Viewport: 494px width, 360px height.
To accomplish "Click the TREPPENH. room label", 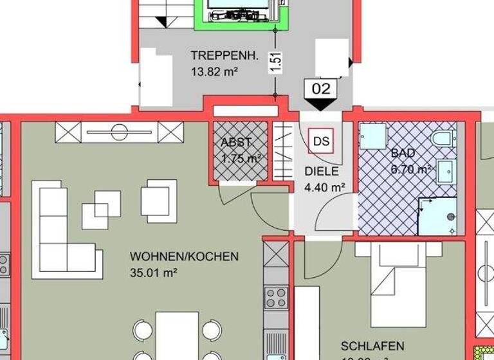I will click(x=224, y=56).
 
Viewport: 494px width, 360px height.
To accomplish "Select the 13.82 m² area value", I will click(x=215, y=72).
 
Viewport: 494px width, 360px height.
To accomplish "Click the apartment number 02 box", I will click(x=320, y=87).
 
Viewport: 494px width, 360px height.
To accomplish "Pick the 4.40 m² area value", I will click(x=324, y=188).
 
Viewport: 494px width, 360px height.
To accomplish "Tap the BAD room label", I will click(x=403, y=153).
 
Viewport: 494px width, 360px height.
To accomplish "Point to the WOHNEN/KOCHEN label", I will click(x=184, y=256).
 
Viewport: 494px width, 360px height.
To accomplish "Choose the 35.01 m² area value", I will click(x=153, y=272).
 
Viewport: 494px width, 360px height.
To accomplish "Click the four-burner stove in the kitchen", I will click(x=277, y=298).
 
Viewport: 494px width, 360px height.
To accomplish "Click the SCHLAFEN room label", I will click(x=373, y=346).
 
